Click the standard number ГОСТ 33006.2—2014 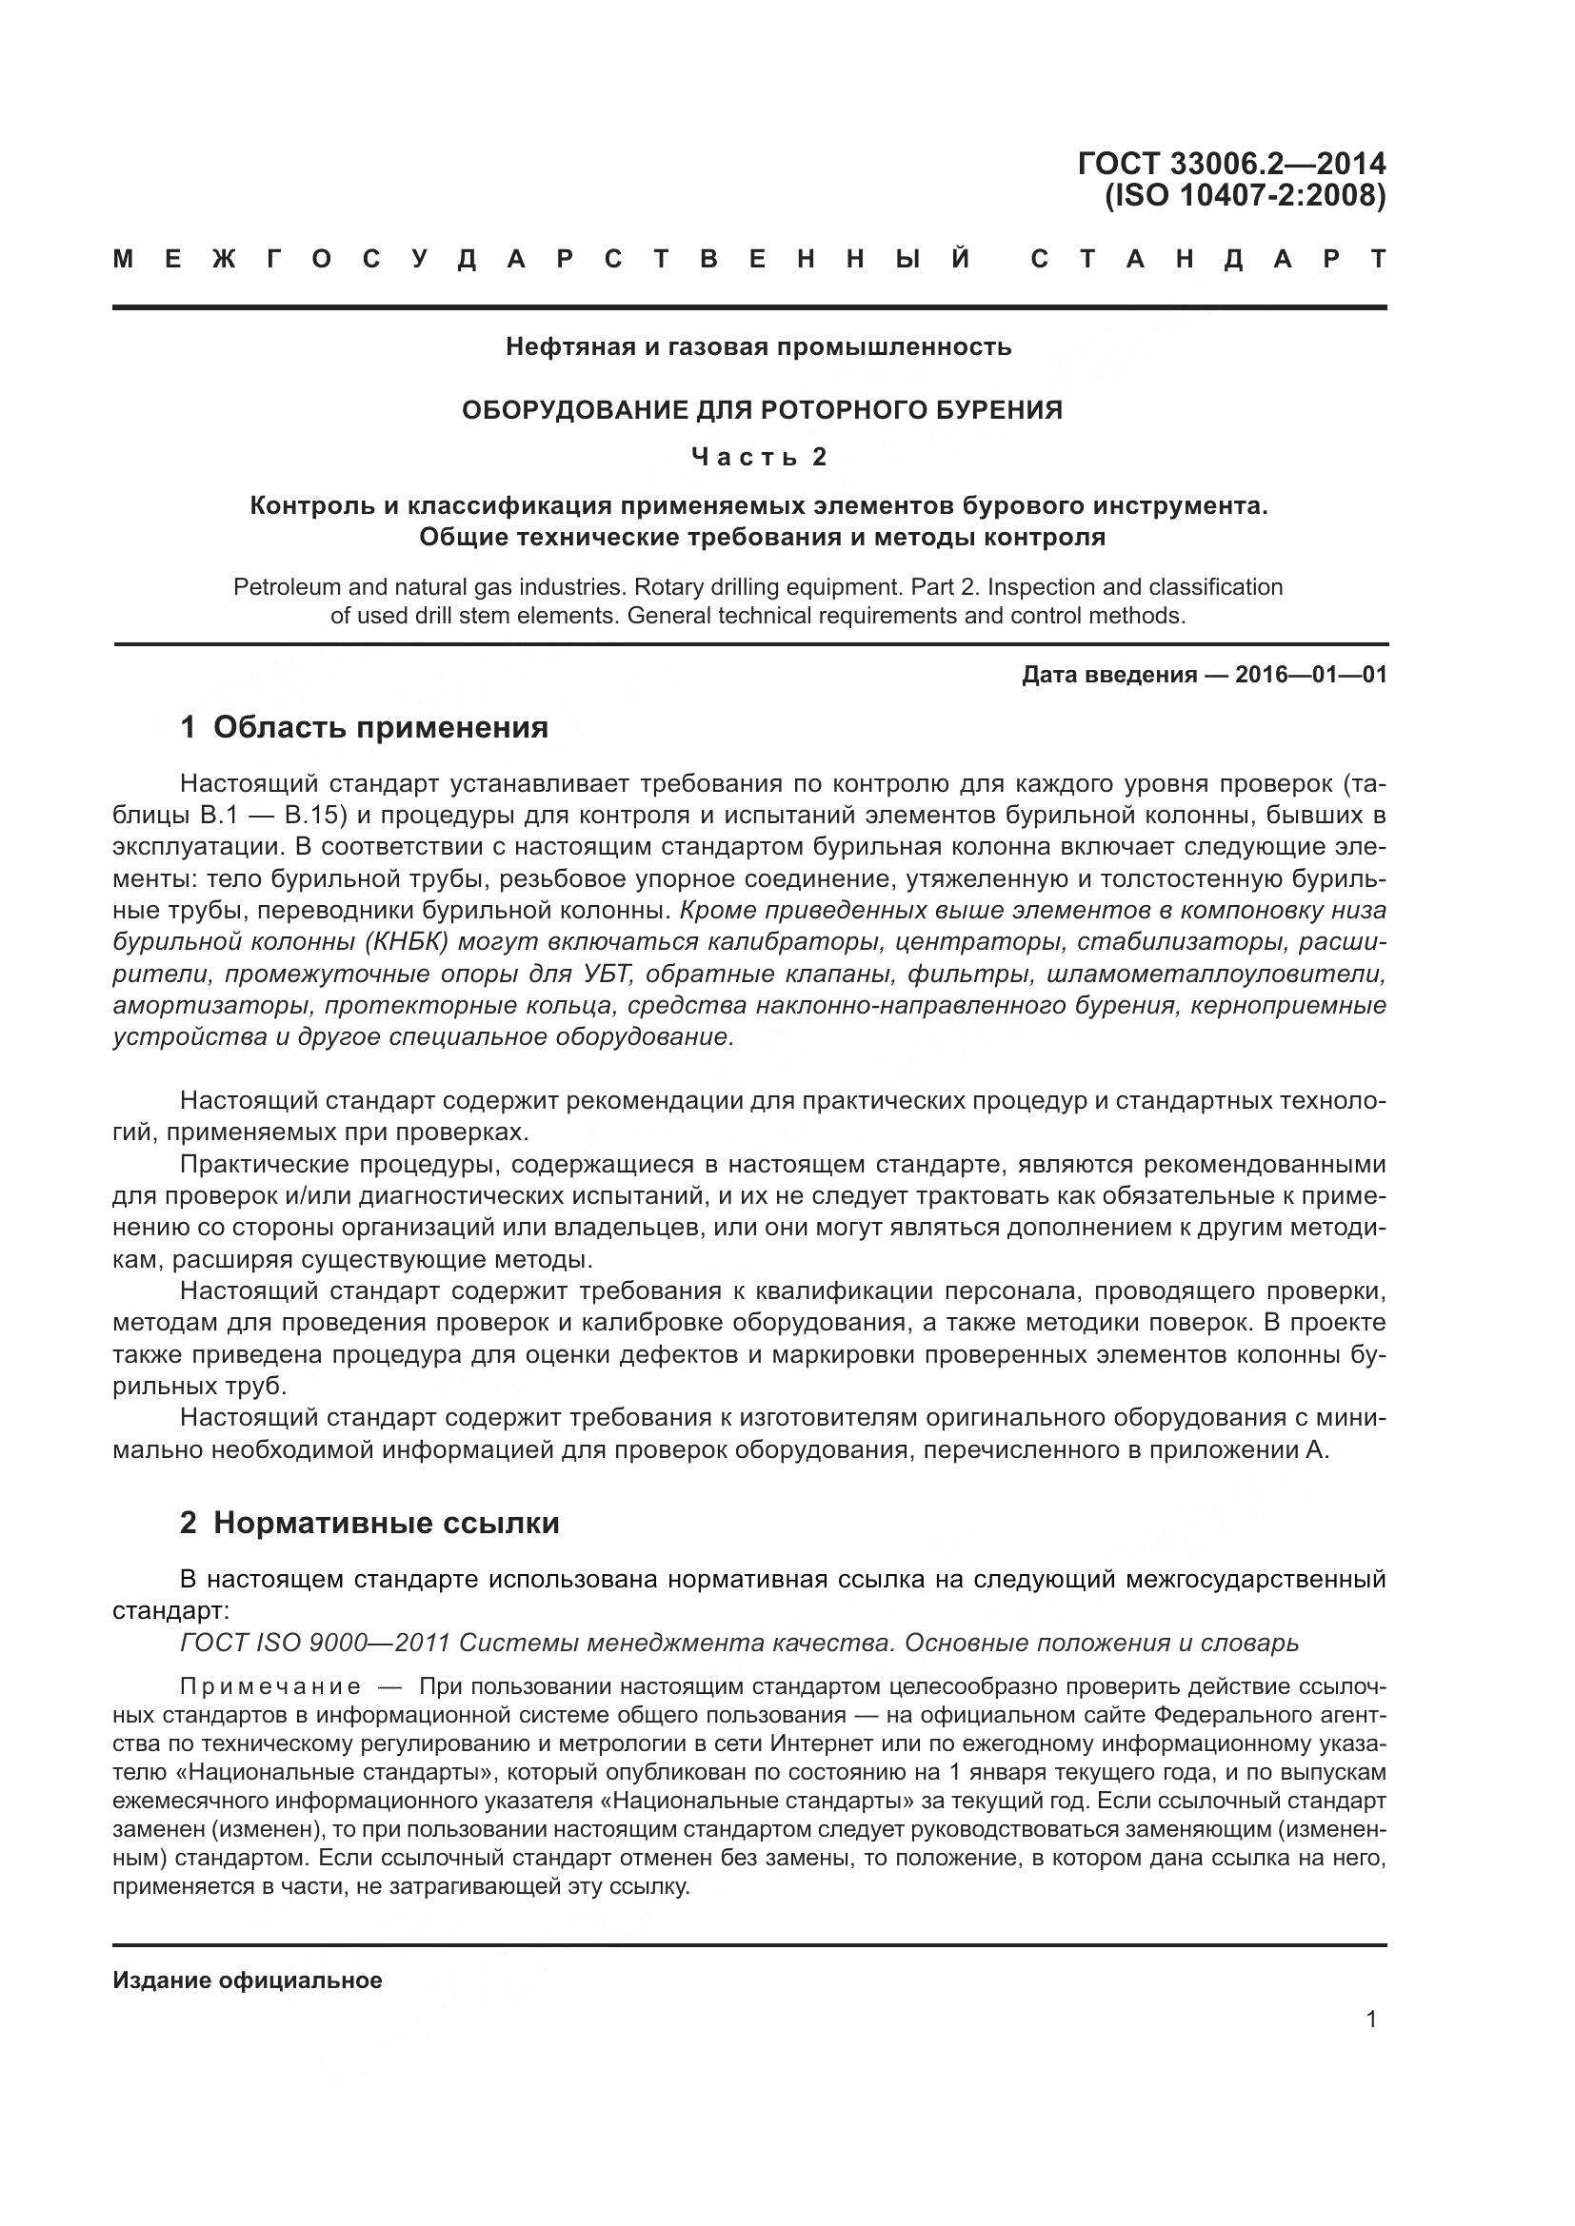(1230, 164)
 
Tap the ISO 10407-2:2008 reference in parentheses (1246, 196)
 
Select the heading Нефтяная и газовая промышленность (757, 346)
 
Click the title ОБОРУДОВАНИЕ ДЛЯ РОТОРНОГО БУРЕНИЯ (762, 410)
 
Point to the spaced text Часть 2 (758, 457)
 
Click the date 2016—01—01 (1310, 675)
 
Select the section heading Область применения (380, 727)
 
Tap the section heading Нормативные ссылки (386, 1522)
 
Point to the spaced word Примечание (270, 1686)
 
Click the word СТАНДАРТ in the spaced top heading (1207, 260)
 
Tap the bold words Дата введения (1108, 675)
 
